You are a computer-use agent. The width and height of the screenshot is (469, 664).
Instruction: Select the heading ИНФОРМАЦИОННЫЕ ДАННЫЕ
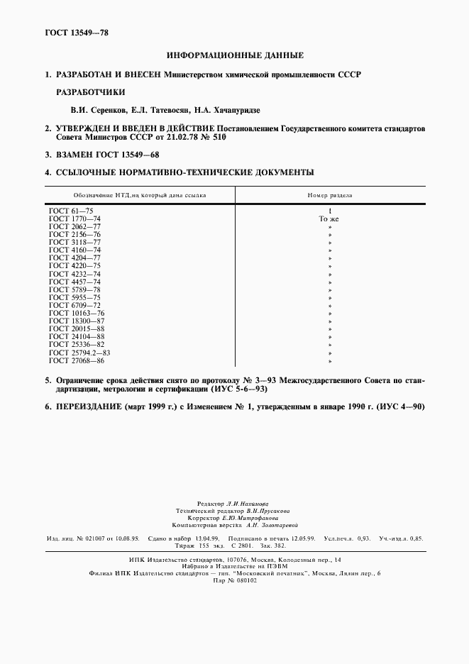coord(235,55)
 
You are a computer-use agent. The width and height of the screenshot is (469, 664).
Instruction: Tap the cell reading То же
coord(329,219)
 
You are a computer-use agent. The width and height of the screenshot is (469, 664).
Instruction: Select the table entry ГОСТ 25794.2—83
coord(79,353)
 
